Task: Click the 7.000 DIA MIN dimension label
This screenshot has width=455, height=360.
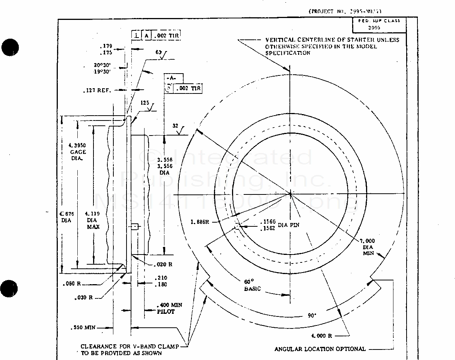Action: coord(368,247)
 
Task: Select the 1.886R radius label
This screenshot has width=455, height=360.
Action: coord(199,222)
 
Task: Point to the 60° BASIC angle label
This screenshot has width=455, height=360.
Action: coord(252,285)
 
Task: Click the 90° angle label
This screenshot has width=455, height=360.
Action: coord(312,315)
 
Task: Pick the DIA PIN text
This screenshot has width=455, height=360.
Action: coord(288,225)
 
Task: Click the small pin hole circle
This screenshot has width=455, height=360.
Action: coord(237,226)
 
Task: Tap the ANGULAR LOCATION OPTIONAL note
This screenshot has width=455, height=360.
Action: coord(320,349)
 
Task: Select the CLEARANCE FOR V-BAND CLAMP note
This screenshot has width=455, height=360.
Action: coord(129,349)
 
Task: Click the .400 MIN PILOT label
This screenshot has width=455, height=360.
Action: coord(169,309)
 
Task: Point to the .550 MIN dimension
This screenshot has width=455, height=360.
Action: coord(83,328)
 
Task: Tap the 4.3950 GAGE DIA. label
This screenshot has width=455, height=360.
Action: coord(78,152)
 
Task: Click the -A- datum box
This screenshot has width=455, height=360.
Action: coord(174,78)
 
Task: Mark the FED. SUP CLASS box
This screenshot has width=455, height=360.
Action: coord(379,24)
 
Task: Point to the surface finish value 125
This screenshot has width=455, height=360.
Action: coord(145,102)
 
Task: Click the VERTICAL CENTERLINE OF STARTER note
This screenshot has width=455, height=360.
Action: coord(332,46)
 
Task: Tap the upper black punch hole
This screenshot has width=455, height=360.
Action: coord(10,47)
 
